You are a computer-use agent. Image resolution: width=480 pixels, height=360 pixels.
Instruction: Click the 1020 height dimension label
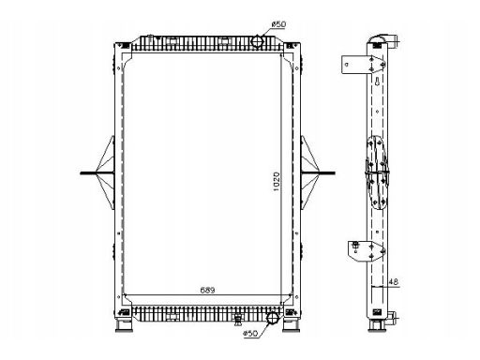point(277,182)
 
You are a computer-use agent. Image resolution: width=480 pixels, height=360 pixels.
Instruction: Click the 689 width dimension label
point(207,291)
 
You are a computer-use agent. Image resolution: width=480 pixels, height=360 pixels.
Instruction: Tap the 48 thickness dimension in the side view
point(394,282)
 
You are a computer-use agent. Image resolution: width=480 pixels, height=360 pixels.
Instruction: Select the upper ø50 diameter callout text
point(278,24)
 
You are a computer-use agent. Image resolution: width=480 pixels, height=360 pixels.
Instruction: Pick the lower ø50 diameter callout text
point(250,334)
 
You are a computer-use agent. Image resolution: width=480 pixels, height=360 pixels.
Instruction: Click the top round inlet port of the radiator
point(258,41)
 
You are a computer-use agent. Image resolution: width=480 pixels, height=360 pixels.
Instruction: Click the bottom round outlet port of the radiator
point(273,318)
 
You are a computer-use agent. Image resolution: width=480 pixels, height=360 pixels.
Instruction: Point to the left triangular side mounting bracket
point(106,172)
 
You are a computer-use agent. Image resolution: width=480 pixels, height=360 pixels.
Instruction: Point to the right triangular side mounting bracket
point(309,172)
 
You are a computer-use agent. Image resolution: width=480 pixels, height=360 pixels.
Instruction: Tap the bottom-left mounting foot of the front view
point(124,326)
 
